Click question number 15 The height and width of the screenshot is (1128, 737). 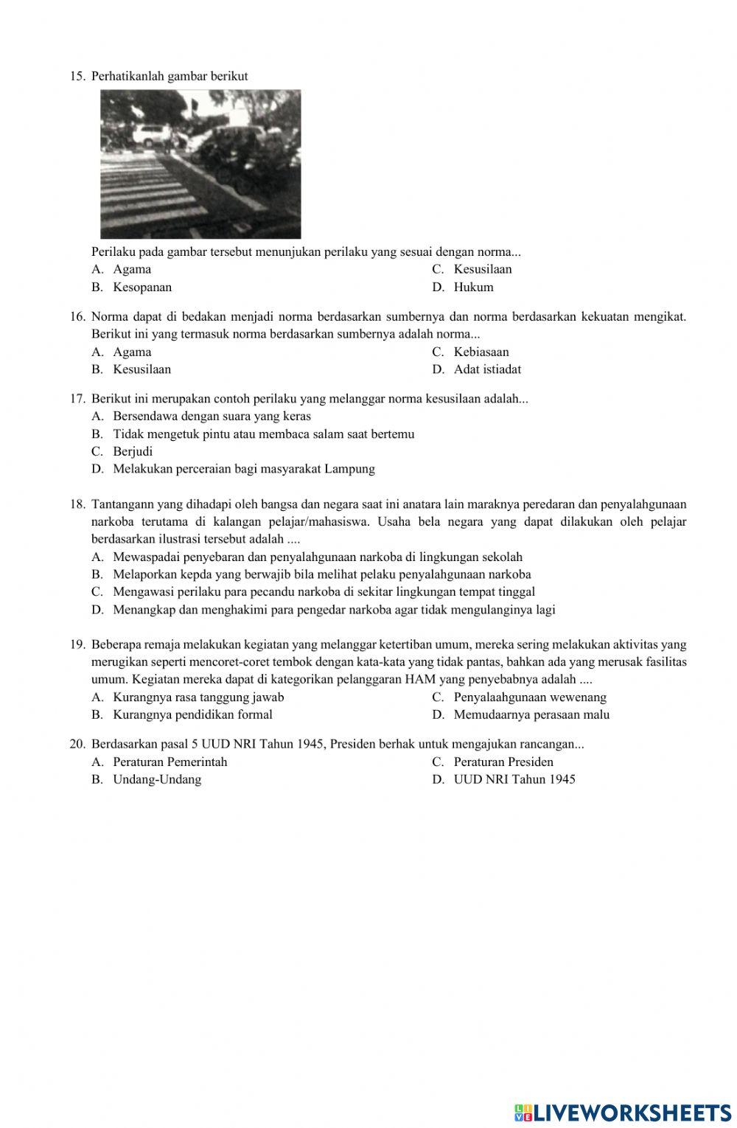tap(77, 76)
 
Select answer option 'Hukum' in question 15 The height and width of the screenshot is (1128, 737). tap(473, 287)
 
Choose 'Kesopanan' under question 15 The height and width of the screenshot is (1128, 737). tap(142, 287)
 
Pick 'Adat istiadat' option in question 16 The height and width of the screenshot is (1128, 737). tap(487, 369)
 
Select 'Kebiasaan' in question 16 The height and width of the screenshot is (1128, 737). tap(481, 352)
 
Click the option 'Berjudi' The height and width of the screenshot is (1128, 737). tap(133, 451)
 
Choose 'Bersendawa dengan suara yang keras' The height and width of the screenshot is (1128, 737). tap(212, 416)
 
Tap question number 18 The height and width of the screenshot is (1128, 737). tap(77, 504)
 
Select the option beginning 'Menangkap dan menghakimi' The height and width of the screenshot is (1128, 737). tap(334, 610)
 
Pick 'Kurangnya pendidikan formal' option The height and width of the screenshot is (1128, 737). tap(192, 714)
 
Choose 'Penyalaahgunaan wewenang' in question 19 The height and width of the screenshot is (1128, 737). tap(530, 697)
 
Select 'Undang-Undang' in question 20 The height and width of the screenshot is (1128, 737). tap(157, 779)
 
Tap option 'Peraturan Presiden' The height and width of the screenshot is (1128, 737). tap(503, 762)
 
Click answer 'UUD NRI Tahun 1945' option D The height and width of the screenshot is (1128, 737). tap(514, 779)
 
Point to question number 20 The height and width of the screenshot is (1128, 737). tap(77, 744)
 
